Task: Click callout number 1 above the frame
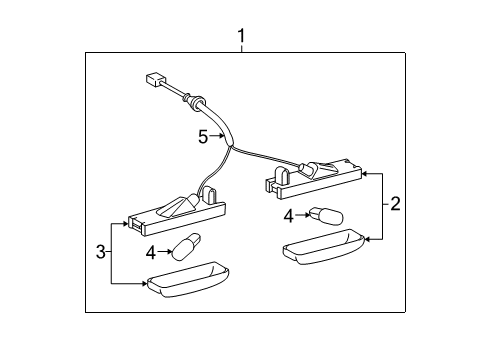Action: click(241, 37)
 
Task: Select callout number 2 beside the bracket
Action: click(395, 205)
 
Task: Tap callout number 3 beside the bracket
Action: click(100, 252)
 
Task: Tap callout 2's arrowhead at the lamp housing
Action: click(362, 173)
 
